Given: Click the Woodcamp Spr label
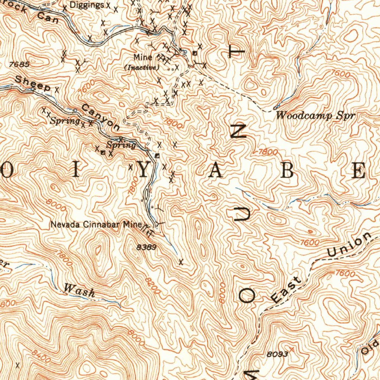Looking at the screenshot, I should coord(315,115).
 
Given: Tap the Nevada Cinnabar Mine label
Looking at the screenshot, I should coord(96,225).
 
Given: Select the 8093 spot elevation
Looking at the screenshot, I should coord(277,354).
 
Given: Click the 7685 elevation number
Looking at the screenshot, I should coord(20,64).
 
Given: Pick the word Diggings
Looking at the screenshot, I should coord(87,5).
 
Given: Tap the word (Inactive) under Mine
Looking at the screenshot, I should coord(142,68).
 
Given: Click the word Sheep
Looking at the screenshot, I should coord(33,83).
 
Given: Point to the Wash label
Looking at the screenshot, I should coord(79,291).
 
